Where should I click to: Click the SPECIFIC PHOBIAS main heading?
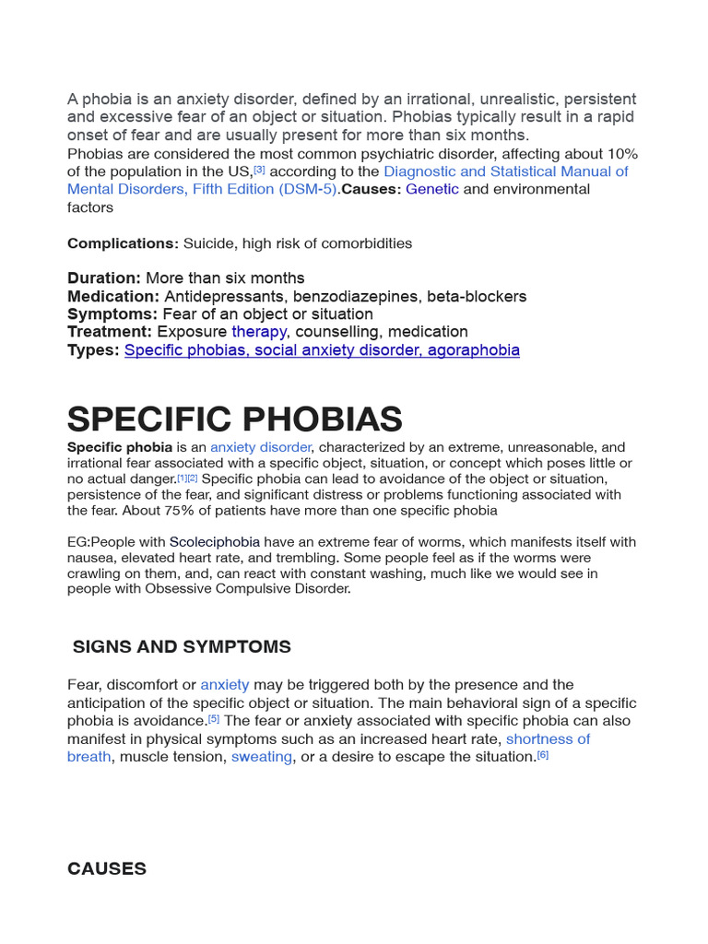point(234,419)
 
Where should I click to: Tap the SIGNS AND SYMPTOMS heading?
point(182,647)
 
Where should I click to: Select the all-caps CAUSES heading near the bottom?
point(107,868)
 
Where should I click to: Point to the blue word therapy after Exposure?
point(259,331)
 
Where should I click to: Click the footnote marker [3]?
point(259,170)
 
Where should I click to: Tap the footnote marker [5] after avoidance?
point(214,718)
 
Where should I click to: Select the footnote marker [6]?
point(542,755)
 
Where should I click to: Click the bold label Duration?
point(103,277)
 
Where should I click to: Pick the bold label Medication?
point(113,296)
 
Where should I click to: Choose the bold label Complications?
point(123,243)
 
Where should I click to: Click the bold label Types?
point(93,349)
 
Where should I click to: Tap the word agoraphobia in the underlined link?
point(473,349)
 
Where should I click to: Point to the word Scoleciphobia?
point(215,542)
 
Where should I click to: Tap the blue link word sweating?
point(262,757)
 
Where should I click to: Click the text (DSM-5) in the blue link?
point(307,189)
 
